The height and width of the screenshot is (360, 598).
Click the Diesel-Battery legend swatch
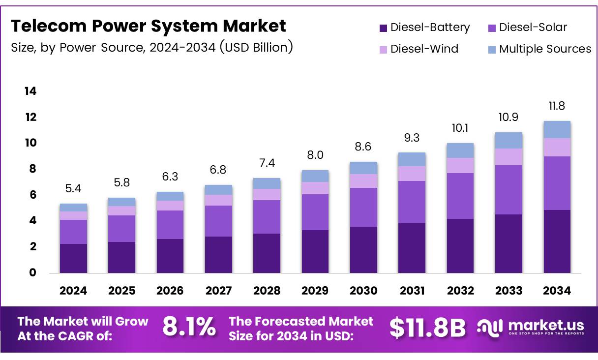pyautogui.click(x=384, y=28)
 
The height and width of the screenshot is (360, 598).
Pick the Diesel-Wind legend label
pyautogui.click(x=424, y=49)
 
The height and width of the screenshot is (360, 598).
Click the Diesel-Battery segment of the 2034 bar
pyautogui.click(x=557, y=241)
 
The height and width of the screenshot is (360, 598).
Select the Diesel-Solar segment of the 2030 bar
pyautogui.click(x=363, y=207)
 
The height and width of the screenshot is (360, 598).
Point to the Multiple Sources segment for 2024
pyautogui.click(x=73, y=208)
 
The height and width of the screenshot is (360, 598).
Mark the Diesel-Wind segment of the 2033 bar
pyautogui.click(x=508, y=157)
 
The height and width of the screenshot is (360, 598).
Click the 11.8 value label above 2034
pyautogui.click(x=557, y=106)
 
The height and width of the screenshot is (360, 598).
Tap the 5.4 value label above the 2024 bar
pyautogui.click(x=73, y=188)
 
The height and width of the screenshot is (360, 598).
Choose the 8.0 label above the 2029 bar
pyautogui.click(x=315, y=155)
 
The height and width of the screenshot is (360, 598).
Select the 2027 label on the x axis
pyautogui.click(x=218, y=291)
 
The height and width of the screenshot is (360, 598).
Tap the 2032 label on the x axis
pyautogui.click(x=460, y=291)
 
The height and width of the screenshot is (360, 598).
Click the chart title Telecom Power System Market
pyautogui.click(x=148, y=26)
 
